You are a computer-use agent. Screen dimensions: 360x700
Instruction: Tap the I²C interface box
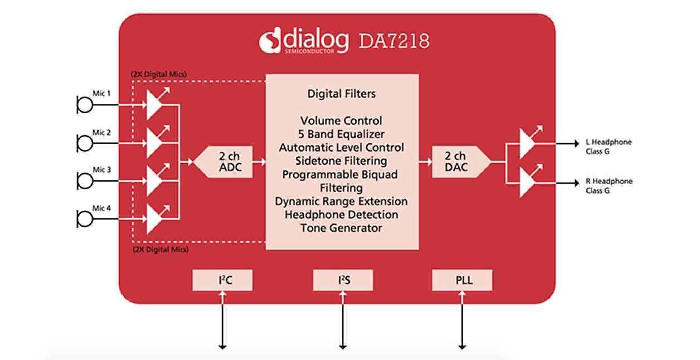(x=222, y=280)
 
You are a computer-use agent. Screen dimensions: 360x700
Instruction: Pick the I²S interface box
(x=343, y=280)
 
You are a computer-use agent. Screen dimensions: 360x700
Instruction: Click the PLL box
(x=462, y=280)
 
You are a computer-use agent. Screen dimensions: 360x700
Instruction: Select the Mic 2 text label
(x=101, y=133)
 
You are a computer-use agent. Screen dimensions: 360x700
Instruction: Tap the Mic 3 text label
(x=101, y=169)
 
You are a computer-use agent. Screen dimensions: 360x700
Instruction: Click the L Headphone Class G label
(x=608, y=147)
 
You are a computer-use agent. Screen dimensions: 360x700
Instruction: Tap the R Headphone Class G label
(x=608, y=186)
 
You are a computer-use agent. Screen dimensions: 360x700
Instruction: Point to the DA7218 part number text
(x=394, y=41)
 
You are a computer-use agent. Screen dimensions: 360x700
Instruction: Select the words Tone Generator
(x=341, y=228)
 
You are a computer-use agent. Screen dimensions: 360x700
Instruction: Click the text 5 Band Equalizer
(x=341, y=134)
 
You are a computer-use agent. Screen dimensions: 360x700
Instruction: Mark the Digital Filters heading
(x=341, y=94)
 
